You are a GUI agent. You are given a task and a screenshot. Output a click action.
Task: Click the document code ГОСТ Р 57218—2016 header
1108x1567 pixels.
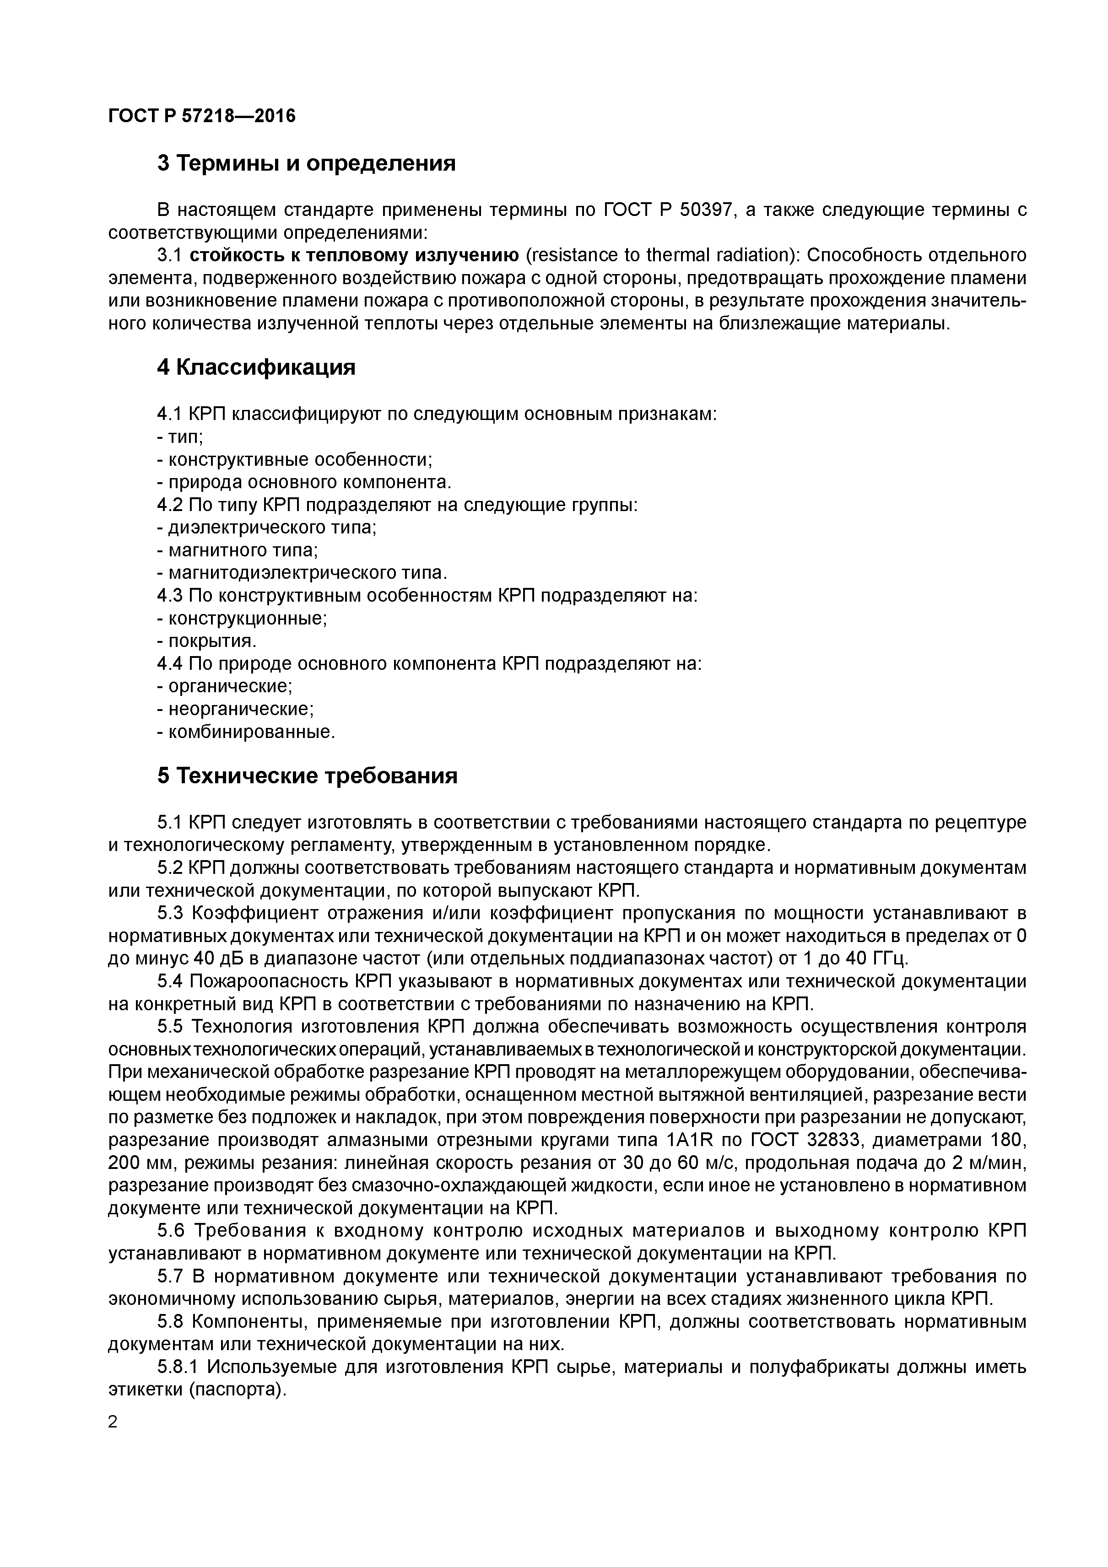pos(202,116)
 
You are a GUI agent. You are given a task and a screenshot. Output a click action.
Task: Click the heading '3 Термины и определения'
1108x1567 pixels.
pos(306,164)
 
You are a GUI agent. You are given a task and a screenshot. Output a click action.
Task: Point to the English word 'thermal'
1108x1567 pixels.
pos(679,255)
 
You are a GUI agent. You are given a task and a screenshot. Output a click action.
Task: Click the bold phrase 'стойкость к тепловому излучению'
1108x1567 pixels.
pos(354,255)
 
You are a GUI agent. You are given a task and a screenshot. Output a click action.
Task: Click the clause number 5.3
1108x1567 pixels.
pos(171,914)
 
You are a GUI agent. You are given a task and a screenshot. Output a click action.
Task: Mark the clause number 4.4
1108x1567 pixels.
pos(171,663)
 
